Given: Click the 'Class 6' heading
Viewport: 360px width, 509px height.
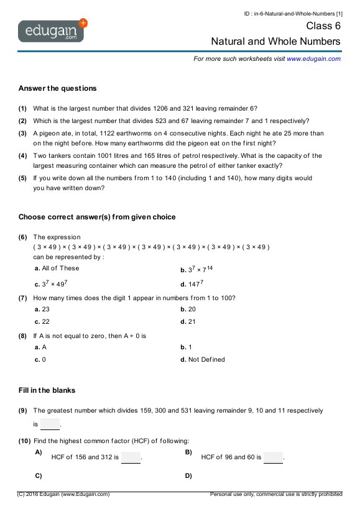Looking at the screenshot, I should (323, 26).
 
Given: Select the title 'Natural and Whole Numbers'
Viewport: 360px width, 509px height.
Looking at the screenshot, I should (276, 42).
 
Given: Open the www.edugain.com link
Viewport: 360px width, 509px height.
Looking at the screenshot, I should (313, 58).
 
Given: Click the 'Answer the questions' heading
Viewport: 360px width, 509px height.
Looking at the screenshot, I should (57, 88).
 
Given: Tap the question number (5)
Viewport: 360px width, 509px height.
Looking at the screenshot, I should (22, 178).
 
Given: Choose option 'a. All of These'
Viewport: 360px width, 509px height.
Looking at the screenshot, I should (57, 268).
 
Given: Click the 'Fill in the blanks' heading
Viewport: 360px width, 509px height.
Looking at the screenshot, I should (47, 390).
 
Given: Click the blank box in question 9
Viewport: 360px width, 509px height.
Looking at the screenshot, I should (50, 424).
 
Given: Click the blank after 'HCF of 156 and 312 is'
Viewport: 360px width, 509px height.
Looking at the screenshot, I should (131, 458).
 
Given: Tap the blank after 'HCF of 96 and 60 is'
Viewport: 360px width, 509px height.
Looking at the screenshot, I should (273, 458).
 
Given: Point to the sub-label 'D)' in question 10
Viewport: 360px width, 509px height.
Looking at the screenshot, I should (188, 476).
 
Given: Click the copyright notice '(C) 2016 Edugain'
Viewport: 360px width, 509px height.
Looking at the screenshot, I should (63, 494).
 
